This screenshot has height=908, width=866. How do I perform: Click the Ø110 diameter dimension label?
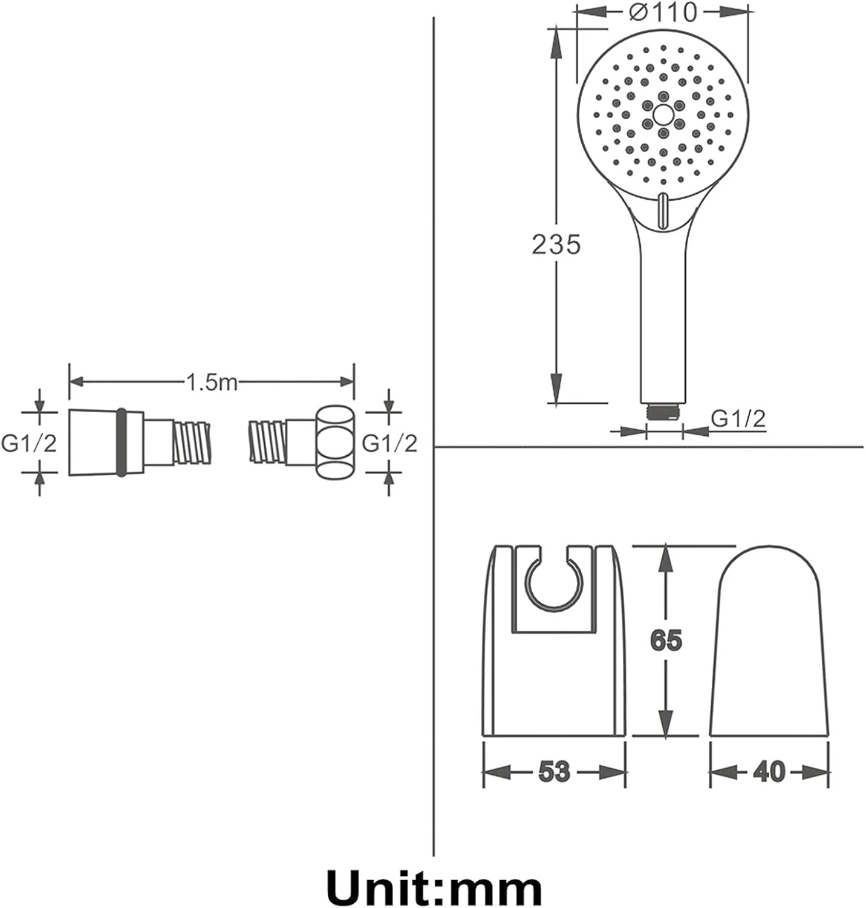663,12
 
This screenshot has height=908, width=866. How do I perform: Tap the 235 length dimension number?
556,245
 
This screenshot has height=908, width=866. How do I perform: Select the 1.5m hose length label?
211,382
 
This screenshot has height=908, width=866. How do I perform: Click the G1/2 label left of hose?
29,443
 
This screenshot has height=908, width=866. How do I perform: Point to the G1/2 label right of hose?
389,443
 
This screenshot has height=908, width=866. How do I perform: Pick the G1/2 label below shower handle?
738,418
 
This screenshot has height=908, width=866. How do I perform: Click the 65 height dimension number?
666,640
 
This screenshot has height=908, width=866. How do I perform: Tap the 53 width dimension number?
554,772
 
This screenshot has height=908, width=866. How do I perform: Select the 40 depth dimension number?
769,772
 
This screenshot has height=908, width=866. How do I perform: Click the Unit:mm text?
434,889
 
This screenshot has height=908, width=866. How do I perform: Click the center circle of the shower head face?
663,114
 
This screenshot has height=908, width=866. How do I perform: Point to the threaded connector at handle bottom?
664,412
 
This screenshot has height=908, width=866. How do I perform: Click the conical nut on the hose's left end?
94,442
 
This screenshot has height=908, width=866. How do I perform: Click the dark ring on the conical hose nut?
122,442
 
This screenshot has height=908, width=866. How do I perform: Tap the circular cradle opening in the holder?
553,582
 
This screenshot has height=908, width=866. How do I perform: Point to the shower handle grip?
663,315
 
